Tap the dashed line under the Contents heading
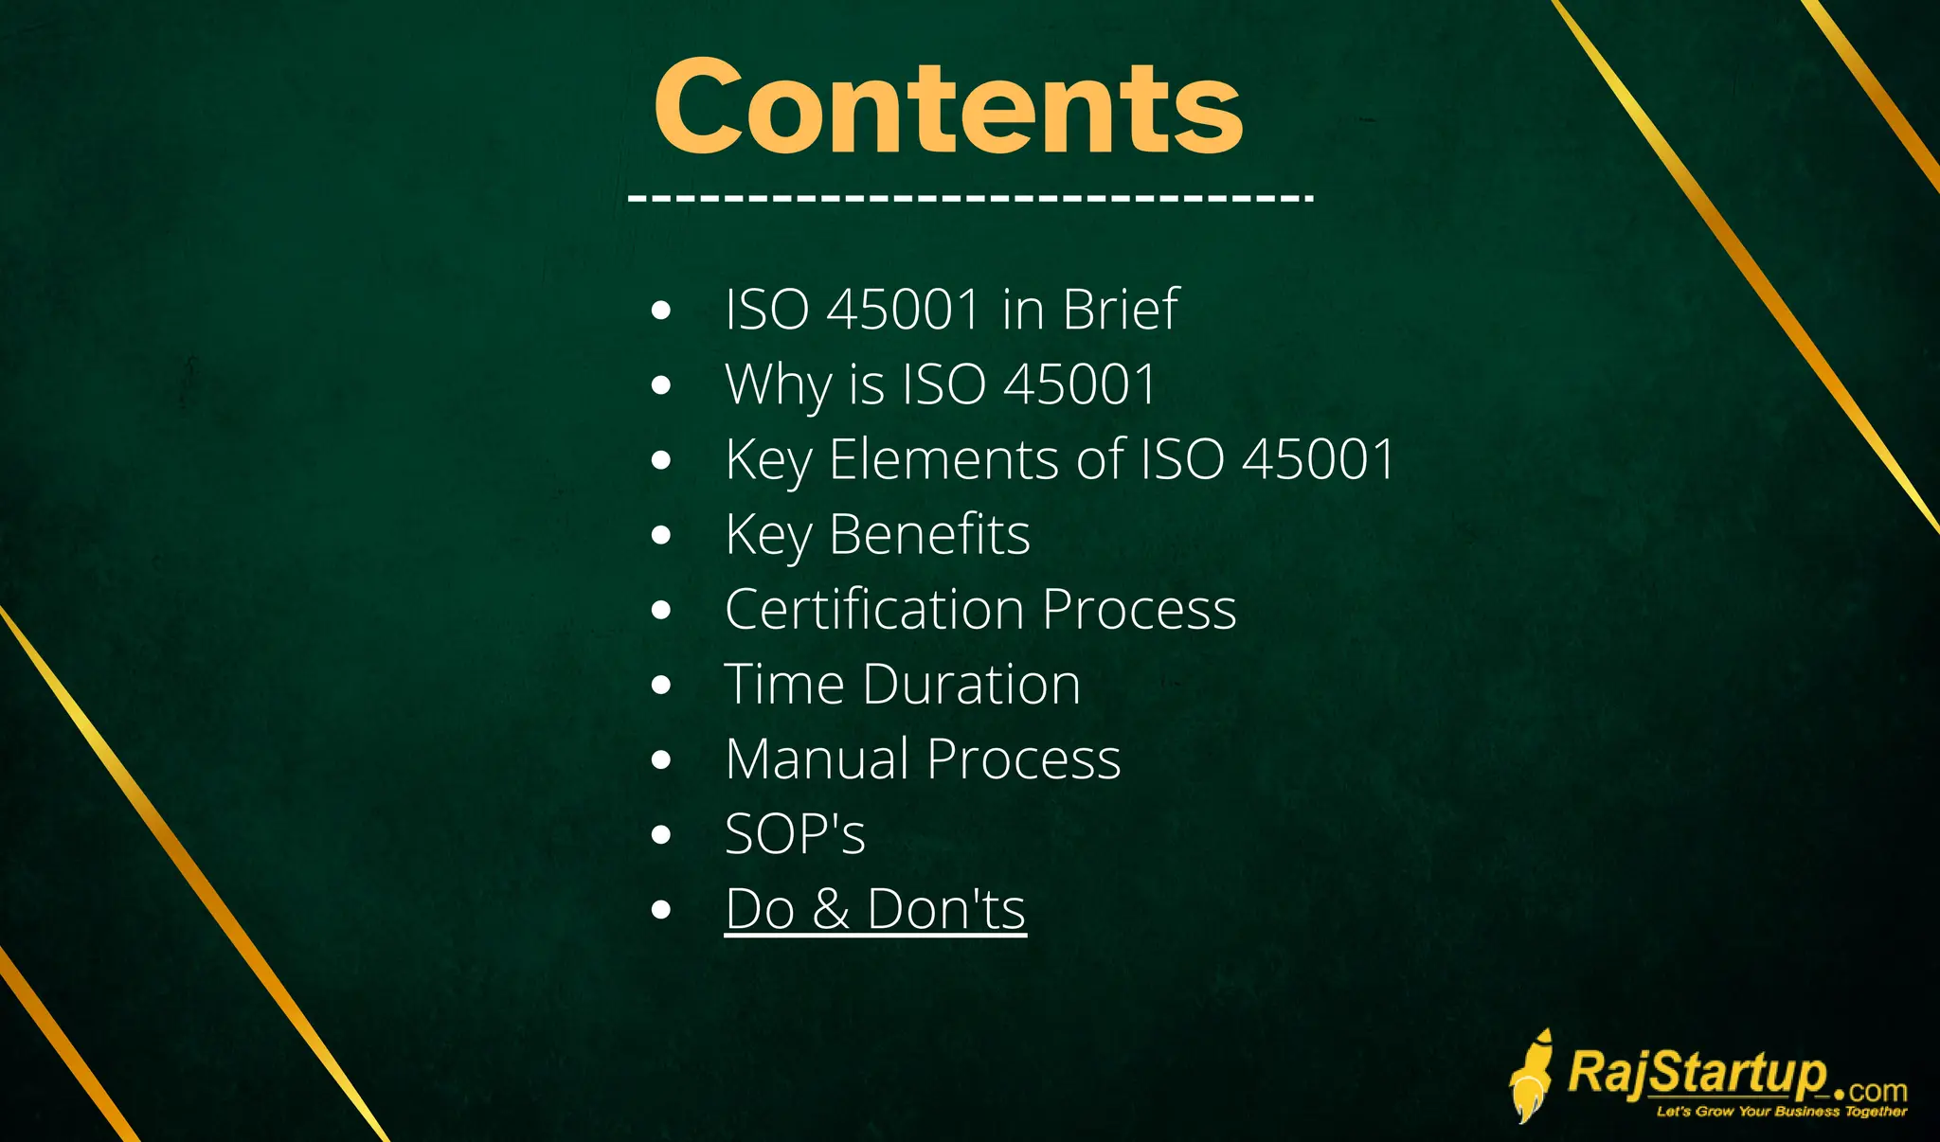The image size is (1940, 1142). click(970, 199)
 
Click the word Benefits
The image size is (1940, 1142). click(929, 534)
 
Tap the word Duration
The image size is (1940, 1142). click(971, 684)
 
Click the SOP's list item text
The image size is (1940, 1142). click(795, 834)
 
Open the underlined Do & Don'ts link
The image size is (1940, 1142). click(874, 909)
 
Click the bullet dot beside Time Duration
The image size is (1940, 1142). click(661, 685)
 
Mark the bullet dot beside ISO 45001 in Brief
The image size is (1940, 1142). click(661, 310)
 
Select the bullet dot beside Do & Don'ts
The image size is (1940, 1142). click(661, 910)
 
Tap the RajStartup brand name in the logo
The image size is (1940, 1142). click(1696, 1074)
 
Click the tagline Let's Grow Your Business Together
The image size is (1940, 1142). click(1781, 1112)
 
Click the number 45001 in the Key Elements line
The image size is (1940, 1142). click(1319, 459)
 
